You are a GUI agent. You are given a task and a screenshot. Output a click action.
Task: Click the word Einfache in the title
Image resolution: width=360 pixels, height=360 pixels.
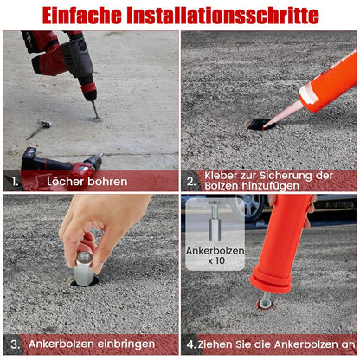click(82, 16)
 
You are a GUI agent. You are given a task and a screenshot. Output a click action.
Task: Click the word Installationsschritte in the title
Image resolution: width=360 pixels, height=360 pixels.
click(222, 16)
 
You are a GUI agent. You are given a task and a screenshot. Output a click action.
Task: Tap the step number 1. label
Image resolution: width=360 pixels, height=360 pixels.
click(16, 182)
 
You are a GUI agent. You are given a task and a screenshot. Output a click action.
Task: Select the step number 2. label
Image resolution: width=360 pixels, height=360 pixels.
click(191, 181)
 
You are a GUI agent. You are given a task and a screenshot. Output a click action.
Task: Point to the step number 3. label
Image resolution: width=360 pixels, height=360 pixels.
click(16, 344)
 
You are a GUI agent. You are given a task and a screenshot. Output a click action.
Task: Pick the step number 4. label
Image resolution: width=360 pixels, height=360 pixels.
click(191, 344)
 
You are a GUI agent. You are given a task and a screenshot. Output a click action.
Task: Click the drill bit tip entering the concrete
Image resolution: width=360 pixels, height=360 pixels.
click(97, 118)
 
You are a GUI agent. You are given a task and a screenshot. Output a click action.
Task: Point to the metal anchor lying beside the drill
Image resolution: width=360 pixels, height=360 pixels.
click(39, 130)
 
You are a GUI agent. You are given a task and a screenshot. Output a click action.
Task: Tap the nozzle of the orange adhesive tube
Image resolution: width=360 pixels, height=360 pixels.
click(283, 115)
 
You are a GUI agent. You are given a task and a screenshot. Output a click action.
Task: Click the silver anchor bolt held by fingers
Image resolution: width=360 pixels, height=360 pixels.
click(83, 268)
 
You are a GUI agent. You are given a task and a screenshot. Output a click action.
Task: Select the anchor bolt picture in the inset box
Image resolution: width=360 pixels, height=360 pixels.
click(215, 221)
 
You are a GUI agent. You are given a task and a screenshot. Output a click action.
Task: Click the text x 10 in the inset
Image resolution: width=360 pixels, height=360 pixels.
click(216, 260)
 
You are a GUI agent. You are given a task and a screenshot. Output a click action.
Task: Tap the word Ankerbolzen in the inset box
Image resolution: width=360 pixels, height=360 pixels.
click(215, 251)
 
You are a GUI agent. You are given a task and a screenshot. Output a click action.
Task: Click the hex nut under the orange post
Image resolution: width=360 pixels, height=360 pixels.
click(265, 304)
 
